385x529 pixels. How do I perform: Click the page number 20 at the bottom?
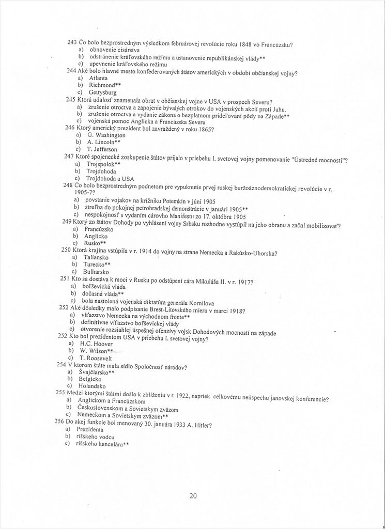(x=193, y=496)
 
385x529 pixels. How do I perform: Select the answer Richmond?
(x=105, y=84)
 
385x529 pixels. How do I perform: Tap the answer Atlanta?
(x=98, y=77)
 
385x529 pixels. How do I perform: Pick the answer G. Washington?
(x=106, y=135)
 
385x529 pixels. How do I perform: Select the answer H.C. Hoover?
(x=98, y=344)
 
